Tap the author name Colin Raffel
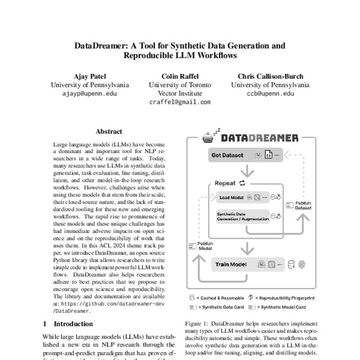[x=179, y=76]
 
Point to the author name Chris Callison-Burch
[x=270, y=76]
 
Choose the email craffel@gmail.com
[x=179, y=103]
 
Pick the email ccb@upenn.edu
[x=270, y=94]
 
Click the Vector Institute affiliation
[x=179, y=94]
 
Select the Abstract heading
[x=109, y=131]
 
